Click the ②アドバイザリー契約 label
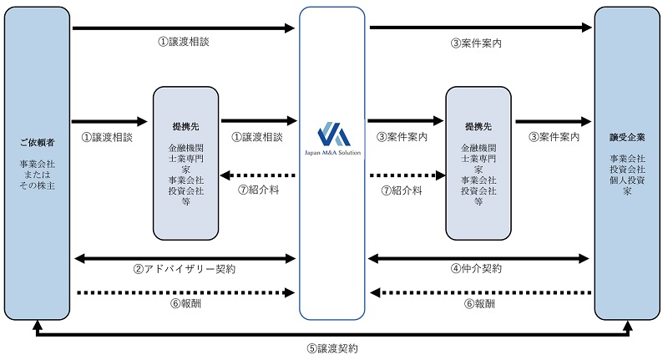[x=185, y=269]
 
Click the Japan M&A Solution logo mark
[x=331, y=135]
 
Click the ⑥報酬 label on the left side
[x=185, y=304]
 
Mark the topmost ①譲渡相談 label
[x=184, y=42]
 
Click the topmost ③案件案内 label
[x=479, y=42]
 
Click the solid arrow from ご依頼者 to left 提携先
[x=110, y=122]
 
